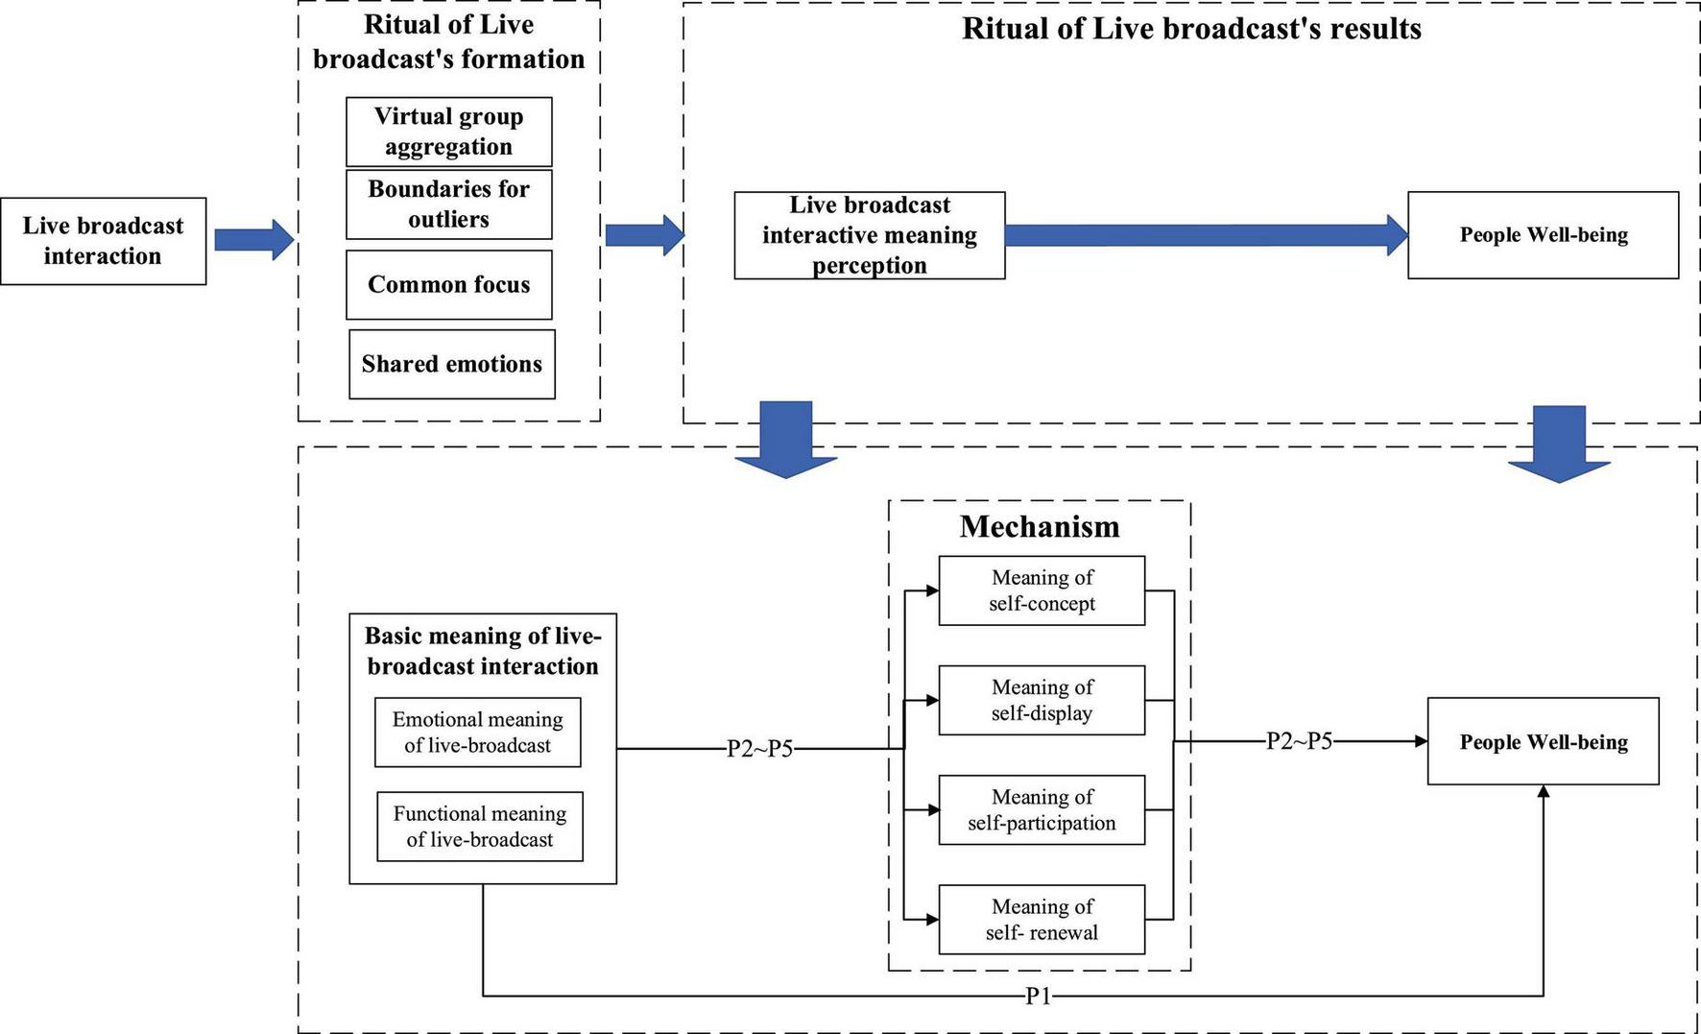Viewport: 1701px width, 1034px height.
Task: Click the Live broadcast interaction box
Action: click(x=103, y=241)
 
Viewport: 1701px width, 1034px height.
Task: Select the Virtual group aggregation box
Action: click(x=448, y=132)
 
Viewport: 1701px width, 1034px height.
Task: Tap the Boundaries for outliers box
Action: click(x=448, y=204)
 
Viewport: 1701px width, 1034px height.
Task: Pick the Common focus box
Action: click(x=448, y=284)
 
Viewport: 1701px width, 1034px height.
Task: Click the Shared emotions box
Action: click(x=451, y=364)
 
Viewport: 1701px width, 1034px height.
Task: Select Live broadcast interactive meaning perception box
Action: click(x=869, y=235)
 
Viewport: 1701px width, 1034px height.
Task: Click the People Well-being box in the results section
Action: click(x=1543, y=235)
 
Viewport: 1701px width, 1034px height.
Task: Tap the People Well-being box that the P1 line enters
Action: click(x=1543, y=741)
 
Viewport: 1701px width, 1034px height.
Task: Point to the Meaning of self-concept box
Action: click(x=1042, y=590)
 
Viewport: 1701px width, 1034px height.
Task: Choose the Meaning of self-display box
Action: click(x=1042, y=700)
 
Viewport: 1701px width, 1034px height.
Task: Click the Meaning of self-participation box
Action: click(x=1042, y=809)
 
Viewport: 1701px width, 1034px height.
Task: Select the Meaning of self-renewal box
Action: click(x=1042, y=919)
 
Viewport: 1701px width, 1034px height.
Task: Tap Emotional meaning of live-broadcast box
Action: click(x=477, y=732)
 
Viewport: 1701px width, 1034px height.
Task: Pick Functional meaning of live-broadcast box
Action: click(x=479, y=826)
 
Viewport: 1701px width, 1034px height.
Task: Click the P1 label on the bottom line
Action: click(x=1039, y=997)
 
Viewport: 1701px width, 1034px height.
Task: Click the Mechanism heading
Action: click(x=1040, y=526)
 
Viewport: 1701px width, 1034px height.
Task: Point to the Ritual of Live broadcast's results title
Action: click(x=1191, y=29)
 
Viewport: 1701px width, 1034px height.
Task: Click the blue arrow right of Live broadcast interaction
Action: click(x=253, y=239)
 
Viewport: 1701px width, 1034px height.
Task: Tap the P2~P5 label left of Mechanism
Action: click(x=759, y=749)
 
